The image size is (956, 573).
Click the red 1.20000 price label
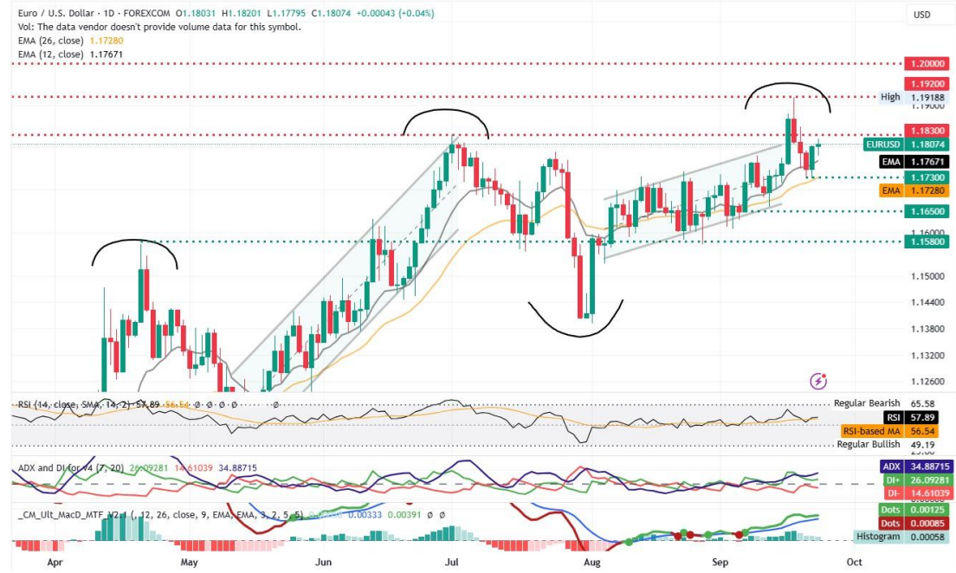point(927,64)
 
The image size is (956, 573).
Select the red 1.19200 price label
point(927,84)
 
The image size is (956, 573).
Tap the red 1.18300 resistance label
point(927,129)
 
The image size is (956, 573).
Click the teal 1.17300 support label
point(927,177)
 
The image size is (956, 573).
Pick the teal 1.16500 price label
point(927,210)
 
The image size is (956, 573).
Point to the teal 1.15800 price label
point(927,241)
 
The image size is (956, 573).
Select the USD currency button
point(921,15)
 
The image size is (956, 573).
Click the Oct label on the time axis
point(849,561)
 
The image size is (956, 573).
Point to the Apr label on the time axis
point(55,561)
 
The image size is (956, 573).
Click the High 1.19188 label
point(913,97)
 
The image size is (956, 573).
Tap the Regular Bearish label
point(866,403)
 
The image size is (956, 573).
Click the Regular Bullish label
point(868,444)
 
